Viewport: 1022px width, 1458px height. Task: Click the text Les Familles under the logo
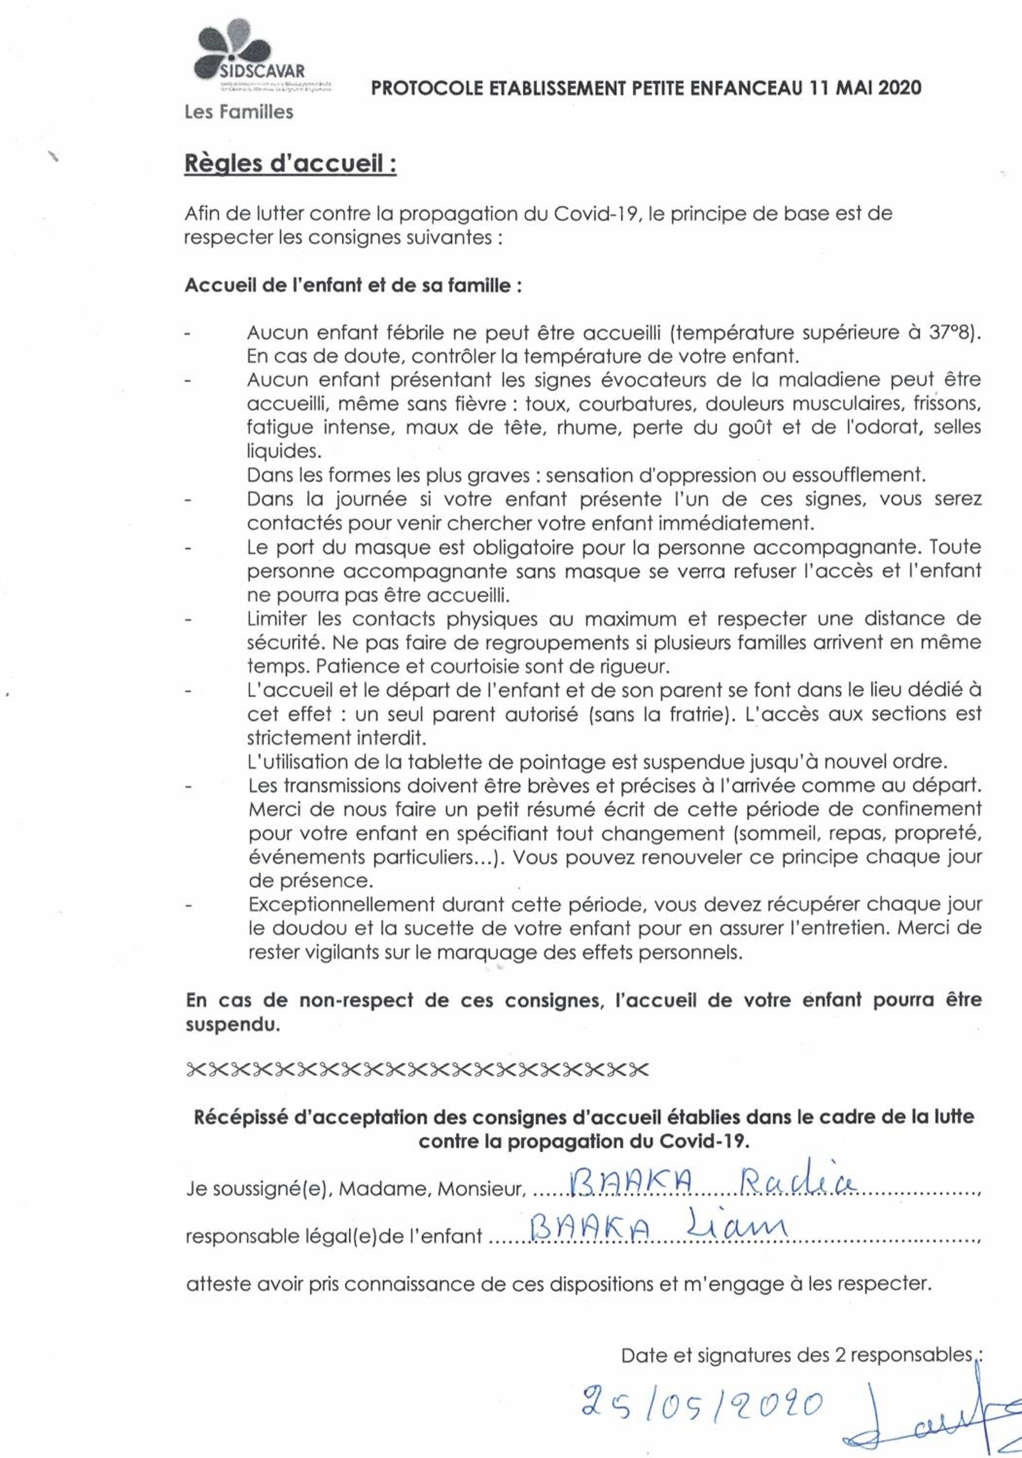(x=238, y=112)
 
